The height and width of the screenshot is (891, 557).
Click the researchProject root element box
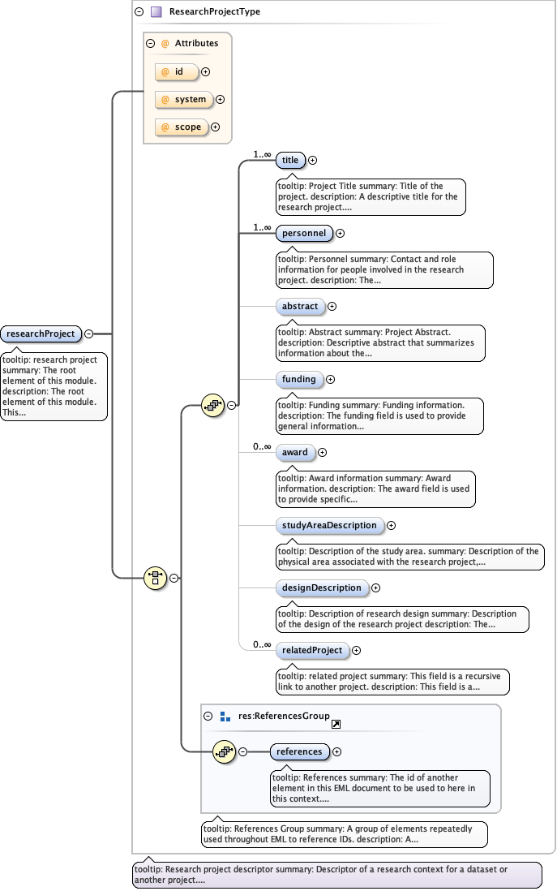point(41,334)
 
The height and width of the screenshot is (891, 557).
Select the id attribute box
point(177,71)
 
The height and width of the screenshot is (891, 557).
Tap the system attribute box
point(183,99)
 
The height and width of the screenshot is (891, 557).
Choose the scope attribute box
point(181,127)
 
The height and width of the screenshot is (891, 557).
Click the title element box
point(290,160)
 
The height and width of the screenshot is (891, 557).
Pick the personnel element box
point(304,233)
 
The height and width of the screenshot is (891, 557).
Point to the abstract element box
point(300,306)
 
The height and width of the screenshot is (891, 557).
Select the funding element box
point(299,379)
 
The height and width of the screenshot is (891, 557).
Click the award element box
point(295,452)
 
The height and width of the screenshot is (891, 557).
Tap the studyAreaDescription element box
point(329,525)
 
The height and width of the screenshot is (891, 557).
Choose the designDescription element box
point(322,588)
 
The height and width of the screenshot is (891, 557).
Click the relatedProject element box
point(312,650)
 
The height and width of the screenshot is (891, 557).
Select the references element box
point(299,751)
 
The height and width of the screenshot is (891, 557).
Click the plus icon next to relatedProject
point(357,650)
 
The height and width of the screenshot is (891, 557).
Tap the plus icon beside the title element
point(313,160)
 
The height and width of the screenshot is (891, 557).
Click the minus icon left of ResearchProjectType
point(139,12)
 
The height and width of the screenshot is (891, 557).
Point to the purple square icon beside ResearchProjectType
point(156,12)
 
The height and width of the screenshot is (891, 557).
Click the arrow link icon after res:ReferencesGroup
point(336,723)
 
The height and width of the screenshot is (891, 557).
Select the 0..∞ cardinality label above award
point(262,445)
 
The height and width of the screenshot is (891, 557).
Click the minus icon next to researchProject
point(88,334)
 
